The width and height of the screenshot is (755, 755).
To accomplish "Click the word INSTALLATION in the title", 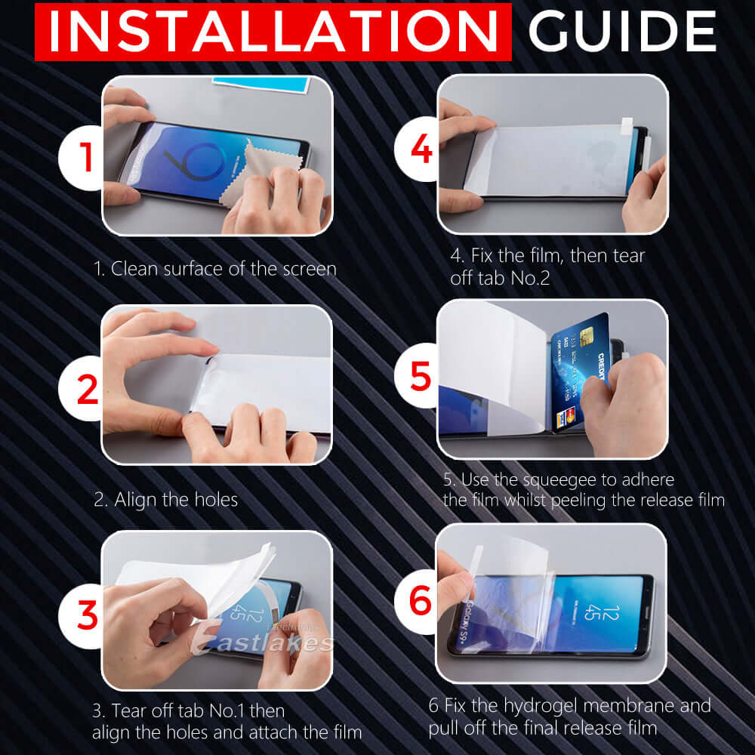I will pos(268,31).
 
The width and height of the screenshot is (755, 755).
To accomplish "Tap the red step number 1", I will pos(87,157).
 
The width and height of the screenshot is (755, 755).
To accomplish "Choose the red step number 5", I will pos(421,375).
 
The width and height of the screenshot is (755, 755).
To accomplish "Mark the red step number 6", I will pos(421,601).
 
